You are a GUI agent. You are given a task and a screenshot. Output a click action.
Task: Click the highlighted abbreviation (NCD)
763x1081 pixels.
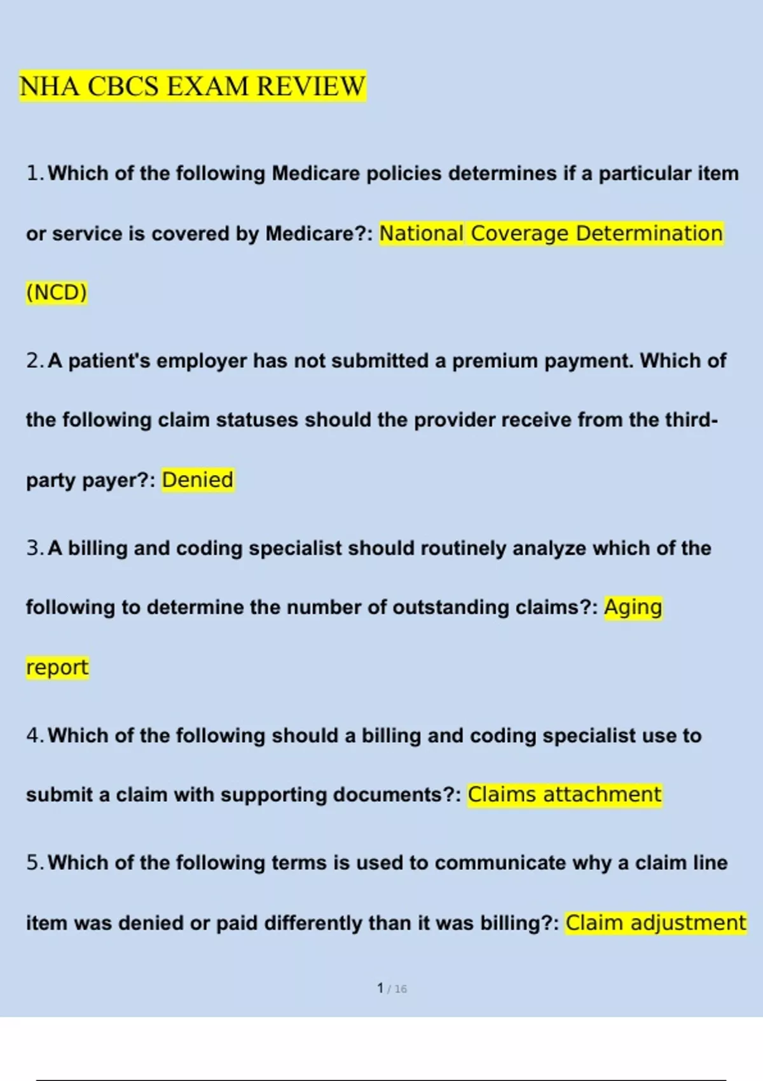(57, 293)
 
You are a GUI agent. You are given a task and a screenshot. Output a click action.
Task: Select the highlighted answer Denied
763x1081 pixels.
(198, 479)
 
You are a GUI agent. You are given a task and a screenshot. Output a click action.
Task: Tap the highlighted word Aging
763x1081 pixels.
(633, 607)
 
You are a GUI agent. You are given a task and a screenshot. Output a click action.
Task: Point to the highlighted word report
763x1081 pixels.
(57, 668)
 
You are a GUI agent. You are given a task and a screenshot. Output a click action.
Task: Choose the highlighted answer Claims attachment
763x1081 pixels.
(565, 795)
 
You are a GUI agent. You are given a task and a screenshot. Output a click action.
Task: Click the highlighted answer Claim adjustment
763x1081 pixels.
(656, 923)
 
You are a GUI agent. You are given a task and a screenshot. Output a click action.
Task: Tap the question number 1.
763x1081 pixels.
(34, 173)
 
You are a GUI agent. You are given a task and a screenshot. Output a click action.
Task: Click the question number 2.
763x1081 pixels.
(34, 361)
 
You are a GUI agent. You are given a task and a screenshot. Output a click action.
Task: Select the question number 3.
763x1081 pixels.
(34, 548)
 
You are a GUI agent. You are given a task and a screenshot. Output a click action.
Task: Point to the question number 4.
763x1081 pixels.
(34, 736)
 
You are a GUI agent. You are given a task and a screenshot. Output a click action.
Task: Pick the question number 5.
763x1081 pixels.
(34, 863)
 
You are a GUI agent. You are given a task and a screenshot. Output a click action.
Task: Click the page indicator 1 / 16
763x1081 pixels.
(392, 988)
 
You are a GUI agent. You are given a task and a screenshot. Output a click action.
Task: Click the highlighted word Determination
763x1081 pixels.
(649, 233)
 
